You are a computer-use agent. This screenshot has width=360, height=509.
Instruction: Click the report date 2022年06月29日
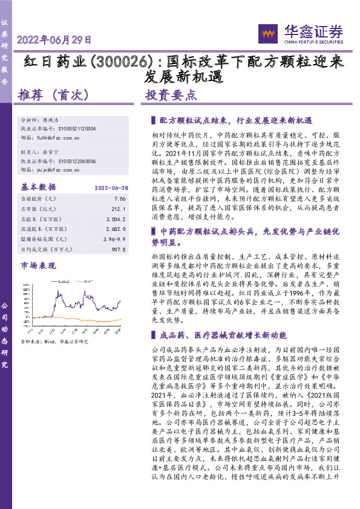click(54, 41)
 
